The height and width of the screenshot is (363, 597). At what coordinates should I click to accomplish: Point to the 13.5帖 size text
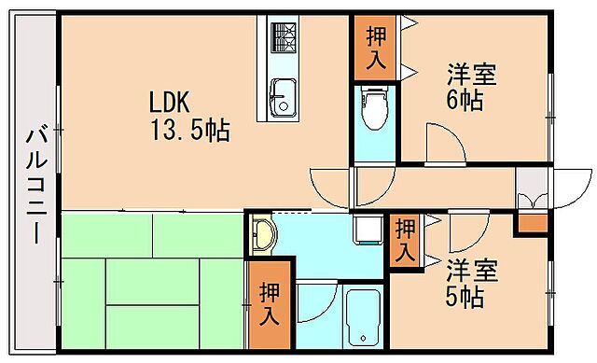click(x=190, y=128)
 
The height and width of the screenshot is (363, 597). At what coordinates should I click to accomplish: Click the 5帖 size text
click(x=464, y=299)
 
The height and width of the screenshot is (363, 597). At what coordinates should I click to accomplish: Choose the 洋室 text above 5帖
click(x=471, y=272)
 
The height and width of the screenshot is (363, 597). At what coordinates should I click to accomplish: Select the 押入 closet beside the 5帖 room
click(x=405, y=240)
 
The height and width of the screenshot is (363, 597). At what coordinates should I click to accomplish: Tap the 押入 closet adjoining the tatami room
click(x=270, y=304)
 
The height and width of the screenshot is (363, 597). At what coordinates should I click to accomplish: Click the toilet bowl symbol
click(x=374, y=106)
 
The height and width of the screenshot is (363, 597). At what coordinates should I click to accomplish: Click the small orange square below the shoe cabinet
click(x=533, y=223)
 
